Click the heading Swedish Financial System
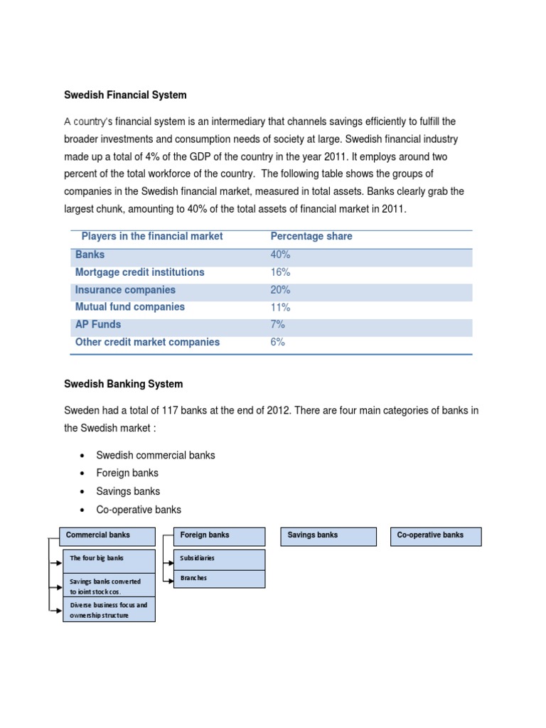click(x=125, y=95)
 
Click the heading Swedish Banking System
click(x=123, y=384)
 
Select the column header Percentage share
click(x=311, y=236)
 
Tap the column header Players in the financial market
click(x=152, y=236)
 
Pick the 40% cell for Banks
click(x=280, y=255)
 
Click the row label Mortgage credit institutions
click(x=139, y=272)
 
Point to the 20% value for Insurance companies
click(x=281, y=290)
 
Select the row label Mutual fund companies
click(x=129, y=307)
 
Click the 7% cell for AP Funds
click(x=278, y=325)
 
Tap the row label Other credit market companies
click(x=147, y=342)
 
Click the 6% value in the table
click(x=278, y=342)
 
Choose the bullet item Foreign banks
click(x=127, y=473)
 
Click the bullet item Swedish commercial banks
click(x=155, y=455)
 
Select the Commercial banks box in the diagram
click(x=109, y=536)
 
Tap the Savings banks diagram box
click(x=331, y=536)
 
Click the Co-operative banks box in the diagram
click(x=436, y=536)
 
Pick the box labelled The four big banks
click(x=109, y=560)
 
